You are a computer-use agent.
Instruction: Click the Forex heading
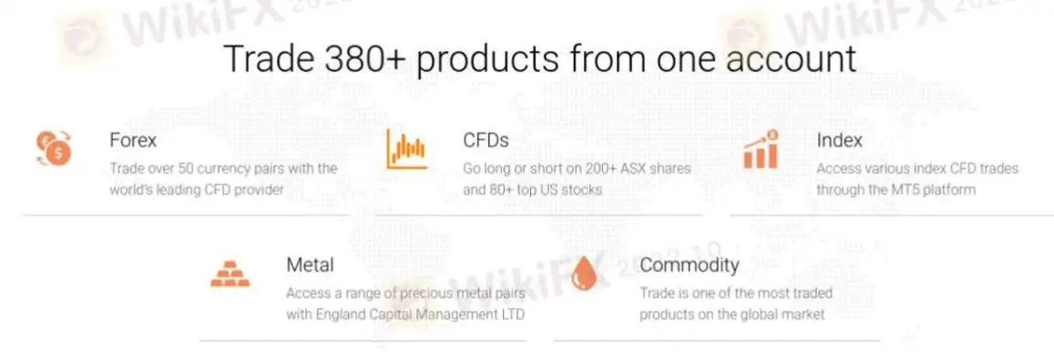coord(133,140)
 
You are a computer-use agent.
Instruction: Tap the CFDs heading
coord(486,140)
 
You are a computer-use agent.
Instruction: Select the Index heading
coord(840,140)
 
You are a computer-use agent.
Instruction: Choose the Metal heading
coord(310,264)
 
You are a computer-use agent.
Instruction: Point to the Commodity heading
coord(689,264)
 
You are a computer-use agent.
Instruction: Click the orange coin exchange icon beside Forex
coord(54,148)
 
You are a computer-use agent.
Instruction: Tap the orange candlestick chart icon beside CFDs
coord(406,148)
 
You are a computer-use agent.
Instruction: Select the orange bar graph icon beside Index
coord(761,149)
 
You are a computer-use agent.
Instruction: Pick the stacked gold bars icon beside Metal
coord(230,273)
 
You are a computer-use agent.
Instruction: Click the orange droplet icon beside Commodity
coord(583,273)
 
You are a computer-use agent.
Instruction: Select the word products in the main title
coord(487,60)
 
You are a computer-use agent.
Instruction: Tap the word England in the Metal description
coord(334,314)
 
